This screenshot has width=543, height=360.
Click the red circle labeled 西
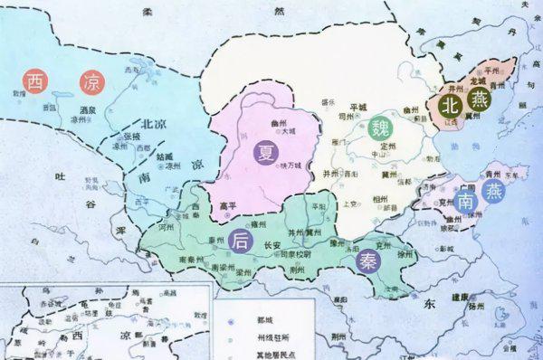click(x=35, y=82)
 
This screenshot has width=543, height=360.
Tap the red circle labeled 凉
click(x=91, y=82)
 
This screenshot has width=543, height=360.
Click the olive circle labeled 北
click(x=450, y=105)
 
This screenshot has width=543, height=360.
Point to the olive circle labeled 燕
click(x=481, y=102)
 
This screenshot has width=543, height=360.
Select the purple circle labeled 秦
click(x=368, y=259)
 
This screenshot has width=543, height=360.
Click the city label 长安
click(x=271, y=245)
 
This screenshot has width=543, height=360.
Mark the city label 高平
click(x=230, y=205)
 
